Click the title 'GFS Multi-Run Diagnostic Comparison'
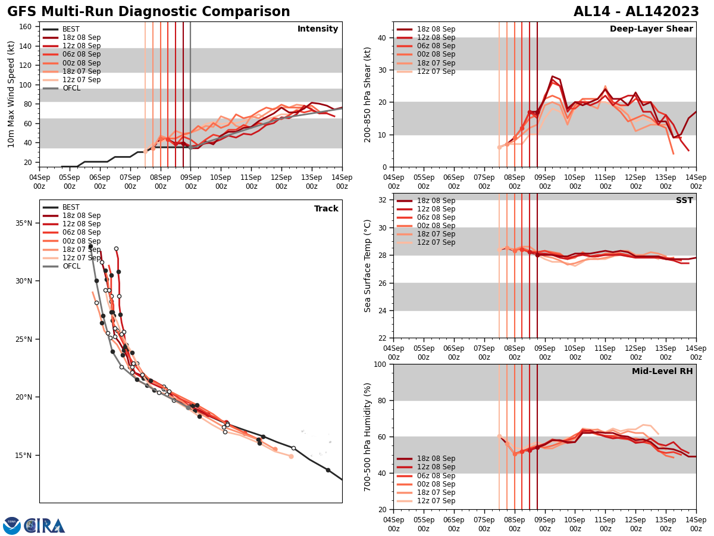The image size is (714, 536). click(149, 12)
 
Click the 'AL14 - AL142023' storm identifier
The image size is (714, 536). click(636, 12)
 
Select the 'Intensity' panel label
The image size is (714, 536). click(318, 29)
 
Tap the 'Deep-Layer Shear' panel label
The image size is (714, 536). click(651, 29)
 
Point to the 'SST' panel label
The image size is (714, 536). click(684, 201)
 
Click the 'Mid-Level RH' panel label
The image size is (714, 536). click(662, 372)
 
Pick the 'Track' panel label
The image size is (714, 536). click(326, 209)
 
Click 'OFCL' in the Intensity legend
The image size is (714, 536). click(71, 88)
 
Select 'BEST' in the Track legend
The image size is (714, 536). click(71, 207)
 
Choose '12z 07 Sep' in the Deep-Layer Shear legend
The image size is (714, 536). click(437, 71)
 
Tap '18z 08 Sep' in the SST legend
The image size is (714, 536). click(437, 201)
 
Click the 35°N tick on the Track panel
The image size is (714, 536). click(24, 223)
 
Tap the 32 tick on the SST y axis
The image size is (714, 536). click(383, 200)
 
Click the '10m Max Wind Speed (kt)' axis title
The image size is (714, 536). click(11, 94)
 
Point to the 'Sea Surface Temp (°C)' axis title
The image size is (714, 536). click(368, 266)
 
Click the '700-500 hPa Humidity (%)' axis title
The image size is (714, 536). click(368, 437)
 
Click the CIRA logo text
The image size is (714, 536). click(45, 526)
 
